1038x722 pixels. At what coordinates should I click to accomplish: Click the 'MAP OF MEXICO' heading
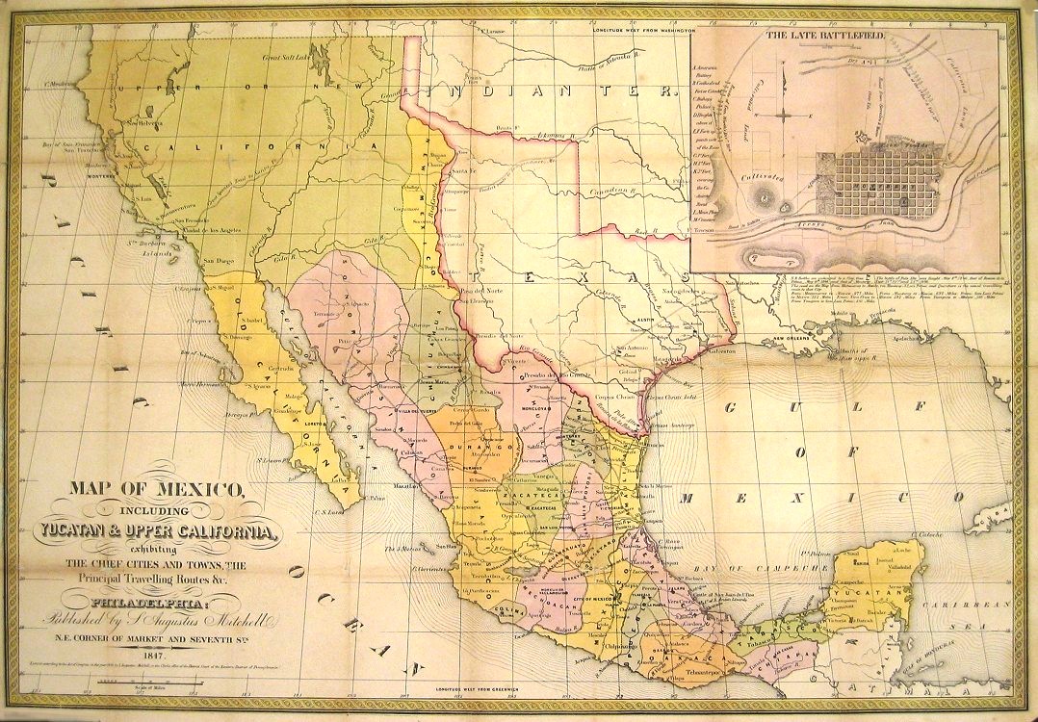(156, 487)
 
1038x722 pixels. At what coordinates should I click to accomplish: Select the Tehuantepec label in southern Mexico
(699, 668)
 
